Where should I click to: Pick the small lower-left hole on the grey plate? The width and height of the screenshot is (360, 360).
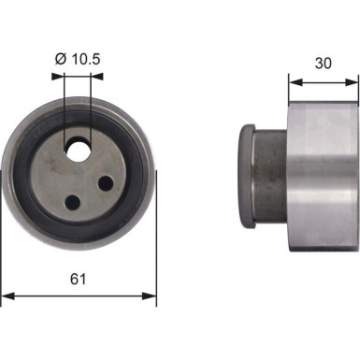71,199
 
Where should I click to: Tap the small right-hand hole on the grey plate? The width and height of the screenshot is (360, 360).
106,183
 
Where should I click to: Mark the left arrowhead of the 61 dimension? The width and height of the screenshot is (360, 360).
7,297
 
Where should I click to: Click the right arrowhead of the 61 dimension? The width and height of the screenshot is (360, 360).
151,297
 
